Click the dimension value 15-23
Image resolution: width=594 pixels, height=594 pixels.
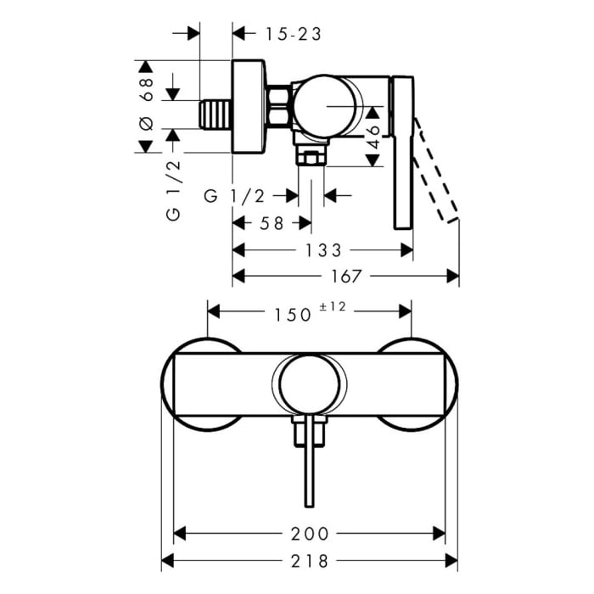(x=293, y=34)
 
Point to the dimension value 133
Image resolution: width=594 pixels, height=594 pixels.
(x=322, y=249)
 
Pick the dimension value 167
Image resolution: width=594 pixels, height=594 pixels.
(x=343, y=276)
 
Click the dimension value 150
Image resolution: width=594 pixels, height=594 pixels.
(x=293, y=314)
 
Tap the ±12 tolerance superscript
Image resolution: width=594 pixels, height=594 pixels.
(x=334, y=309)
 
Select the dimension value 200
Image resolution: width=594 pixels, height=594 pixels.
(x=309, y=534)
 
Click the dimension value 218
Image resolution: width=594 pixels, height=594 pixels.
(x=310, y=561)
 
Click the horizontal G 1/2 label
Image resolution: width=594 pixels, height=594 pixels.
(x=235, y=196)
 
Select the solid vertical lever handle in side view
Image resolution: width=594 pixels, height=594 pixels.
(x=403, y=153)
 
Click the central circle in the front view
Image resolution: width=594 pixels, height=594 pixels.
(x=310, y=386)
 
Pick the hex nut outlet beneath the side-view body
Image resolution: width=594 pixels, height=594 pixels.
(x=311, y=157)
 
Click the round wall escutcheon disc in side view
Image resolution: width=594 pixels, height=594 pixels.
(x=249, y=107)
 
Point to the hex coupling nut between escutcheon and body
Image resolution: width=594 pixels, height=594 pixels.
(x=279, y=107)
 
